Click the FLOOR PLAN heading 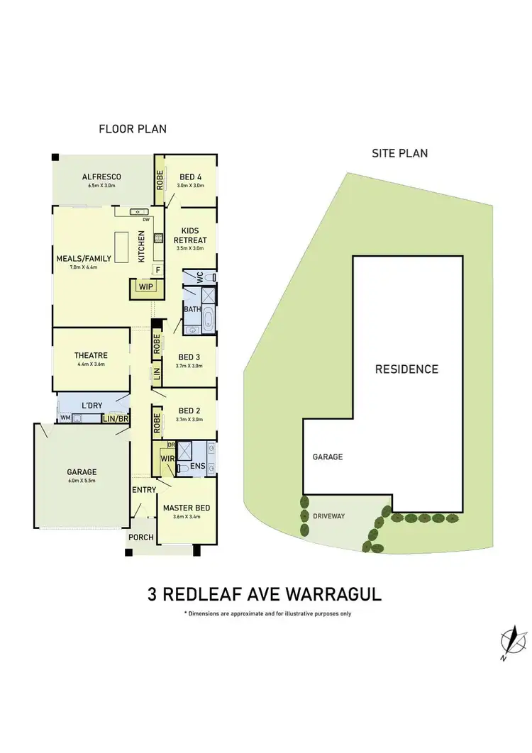(133, 129)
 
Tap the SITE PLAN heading (400, 153)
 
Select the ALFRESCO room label (101, 177)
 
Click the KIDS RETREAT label (191, 235)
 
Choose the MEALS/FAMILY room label (84, 258)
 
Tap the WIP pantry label (146, 287)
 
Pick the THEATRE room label (90, 356)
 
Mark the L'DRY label (92, 406)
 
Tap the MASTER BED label (186, 508)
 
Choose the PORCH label (141, 537)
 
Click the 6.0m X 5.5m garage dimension (82, 481)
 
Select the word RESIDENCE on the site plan (406, 369)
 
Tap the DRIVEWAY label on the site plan (328, 515)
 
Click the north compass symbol (509, 642)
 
